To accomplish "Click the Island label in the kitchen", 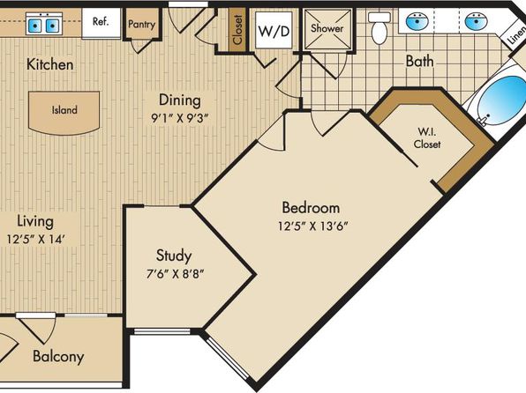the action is tap(64, 110).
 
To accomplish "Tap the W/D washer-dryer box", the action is tap(274, 31).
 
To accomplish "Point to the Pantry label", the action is tap(141, 24).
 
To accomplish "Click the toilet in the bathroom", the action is tap(379, 27).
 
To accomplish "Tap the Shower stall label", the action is tap(327, 28).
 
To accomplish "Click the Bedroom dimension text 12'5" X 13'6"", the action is tap(312, 226).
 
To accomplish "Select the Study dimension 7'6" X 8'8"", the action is tap(175, 274).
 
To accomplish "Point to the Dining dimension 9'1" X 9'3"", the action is tap(180, 118).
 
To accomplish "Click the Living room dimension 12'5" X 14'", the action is tap(35, 239).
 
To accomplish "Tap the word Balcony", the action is tap(58, 357).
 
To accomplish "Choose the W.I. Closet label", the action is tap(427, 137).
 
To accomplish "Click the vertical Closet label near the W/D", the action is tap(237, 29).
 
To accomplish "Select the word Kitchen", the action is tap(50, 64).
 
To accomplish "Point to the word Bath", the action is tap(420, 62).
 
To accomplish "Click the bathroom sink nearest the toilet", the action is tap(417, 21).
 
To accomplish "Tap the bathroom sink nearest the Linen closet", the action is tap(476, 21).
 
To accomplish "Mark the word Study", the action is tap(174, 256).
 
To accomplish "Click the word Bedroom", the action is tap(311, 208).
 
